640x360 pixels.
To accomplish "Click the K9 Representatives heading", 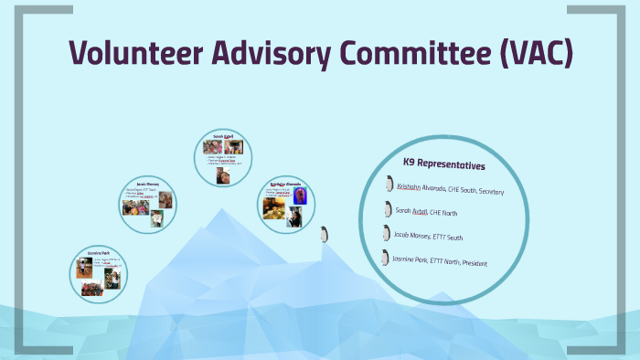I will (x=444, y=164).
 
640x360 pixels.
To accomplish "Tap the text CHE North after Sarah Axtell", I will (x=443, y=213).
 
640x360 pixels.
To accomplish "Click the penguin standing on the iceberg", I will (x=322, y=234).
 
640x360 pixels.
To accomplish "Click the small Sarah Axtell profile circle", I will (x=223, y=158).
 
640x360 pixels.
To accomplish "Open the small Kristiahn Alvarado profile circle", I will (x=287, y=204).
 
